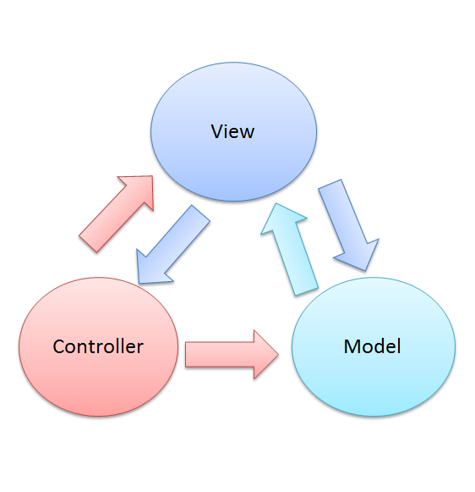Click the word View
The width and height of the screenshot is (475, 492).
[x=232, y=131]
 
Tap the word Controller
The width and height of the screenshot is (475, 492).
[x=98, y=346]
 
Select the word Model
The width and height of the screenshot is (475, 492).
[x=372, y=346]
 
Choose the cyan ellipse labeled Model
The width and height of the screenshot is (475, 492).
[x=373, y=381]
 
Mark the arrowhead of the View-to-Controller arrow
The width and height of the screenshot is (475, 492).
[x=150, y=267]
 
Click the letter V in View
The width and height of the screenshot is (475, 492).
[x=217, y=131]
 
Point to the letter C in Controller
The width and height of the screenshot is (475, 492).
[x=58, y=346]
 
